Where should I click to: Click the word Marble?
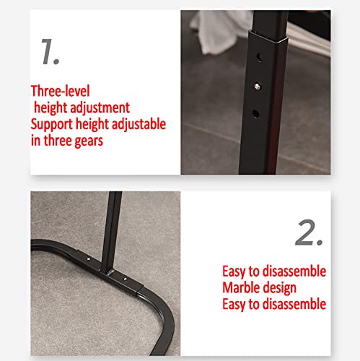coord(242,288)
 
